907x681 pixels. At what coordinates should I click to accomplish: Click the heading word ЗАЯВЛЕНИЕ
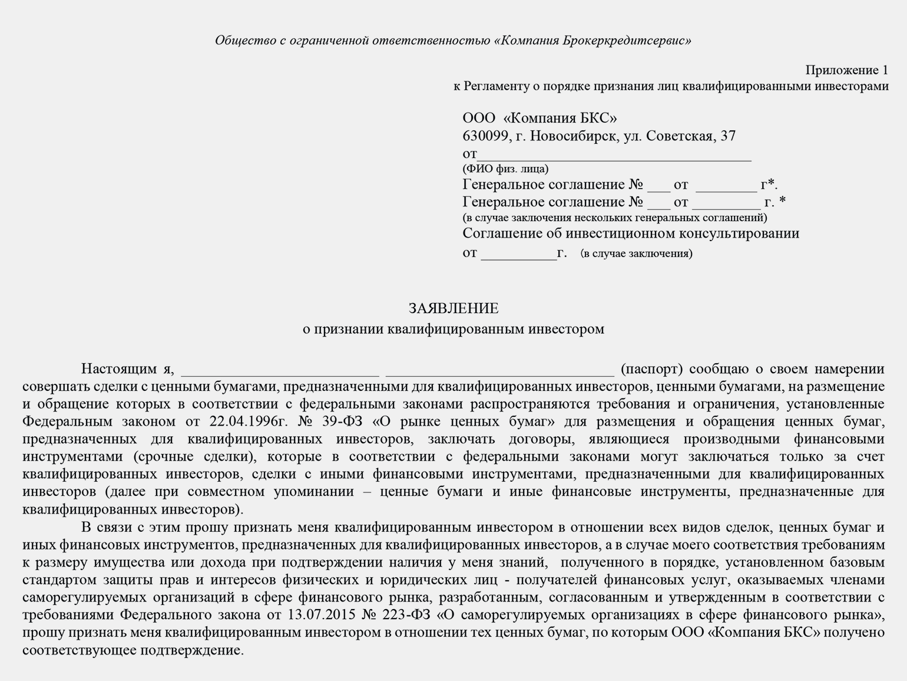coord(453,308)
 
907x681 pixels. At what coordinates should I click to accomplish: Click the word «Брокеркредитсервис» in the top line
coord(627,41)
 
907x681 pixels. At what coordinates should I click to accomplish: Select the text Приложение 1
coord(846,70)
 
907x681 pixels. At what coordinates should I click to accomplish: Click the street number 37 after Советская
coord(728,136)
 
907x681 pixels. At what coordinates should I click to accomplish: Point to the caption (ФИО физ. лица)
coord(505,169)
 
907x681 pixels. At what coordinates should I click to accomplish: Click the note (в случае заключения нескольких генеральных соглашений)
coord(614,218)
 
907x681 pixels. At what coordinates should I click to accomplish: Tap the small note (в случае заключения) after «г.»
coord(636,254)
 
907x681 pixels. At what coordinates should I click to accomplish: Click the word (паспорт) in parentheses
coord(651,369)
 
